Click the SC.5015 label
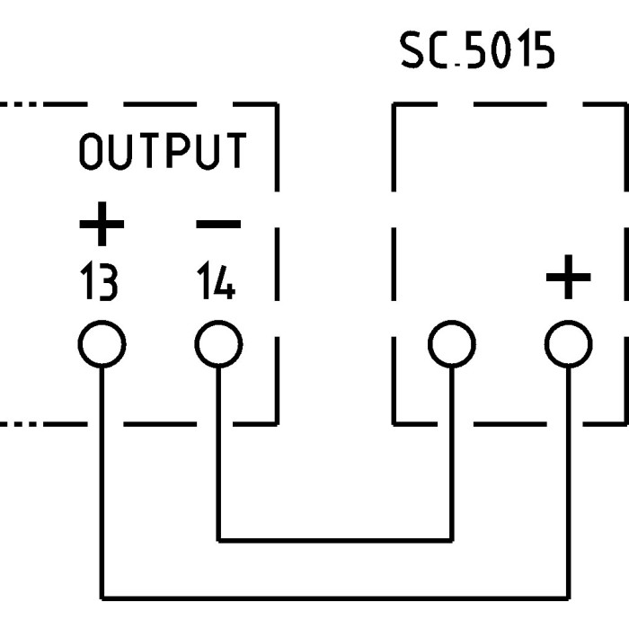477,53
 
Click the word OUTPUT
162,152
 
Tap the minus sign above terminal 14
217,223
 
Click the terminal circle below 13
102,344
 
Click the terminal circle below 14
218,344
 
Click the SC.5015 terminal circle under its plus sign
569,344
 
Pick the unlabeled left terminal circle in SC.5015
451,344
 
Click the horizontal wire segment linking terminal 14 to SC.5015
334,540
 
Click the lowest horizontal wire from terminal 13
334,597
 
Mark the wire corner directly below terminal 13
102,597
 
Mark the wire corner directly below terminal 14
218,540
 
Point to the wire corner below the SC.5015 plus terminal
569,597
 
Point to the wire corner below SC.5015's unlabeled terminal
451,540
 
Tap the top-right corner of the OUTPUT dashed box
276,104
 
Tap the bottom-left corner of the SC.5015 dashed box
394,421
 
